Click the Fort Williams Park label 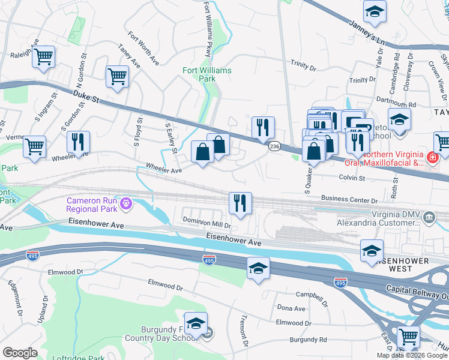(x=206, y=74)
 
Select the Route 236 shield (x=274, y=146)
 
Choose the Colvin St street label (x=352, y=178)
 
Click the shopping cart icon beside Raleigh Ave (x=43, y=58)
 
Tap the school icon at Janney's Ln (x=375, y=11)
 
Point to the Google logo (x=19, y=353)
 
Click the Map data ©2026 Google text (x=412, y=355)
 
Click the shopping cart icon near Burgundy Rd (x=409, y=337)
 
